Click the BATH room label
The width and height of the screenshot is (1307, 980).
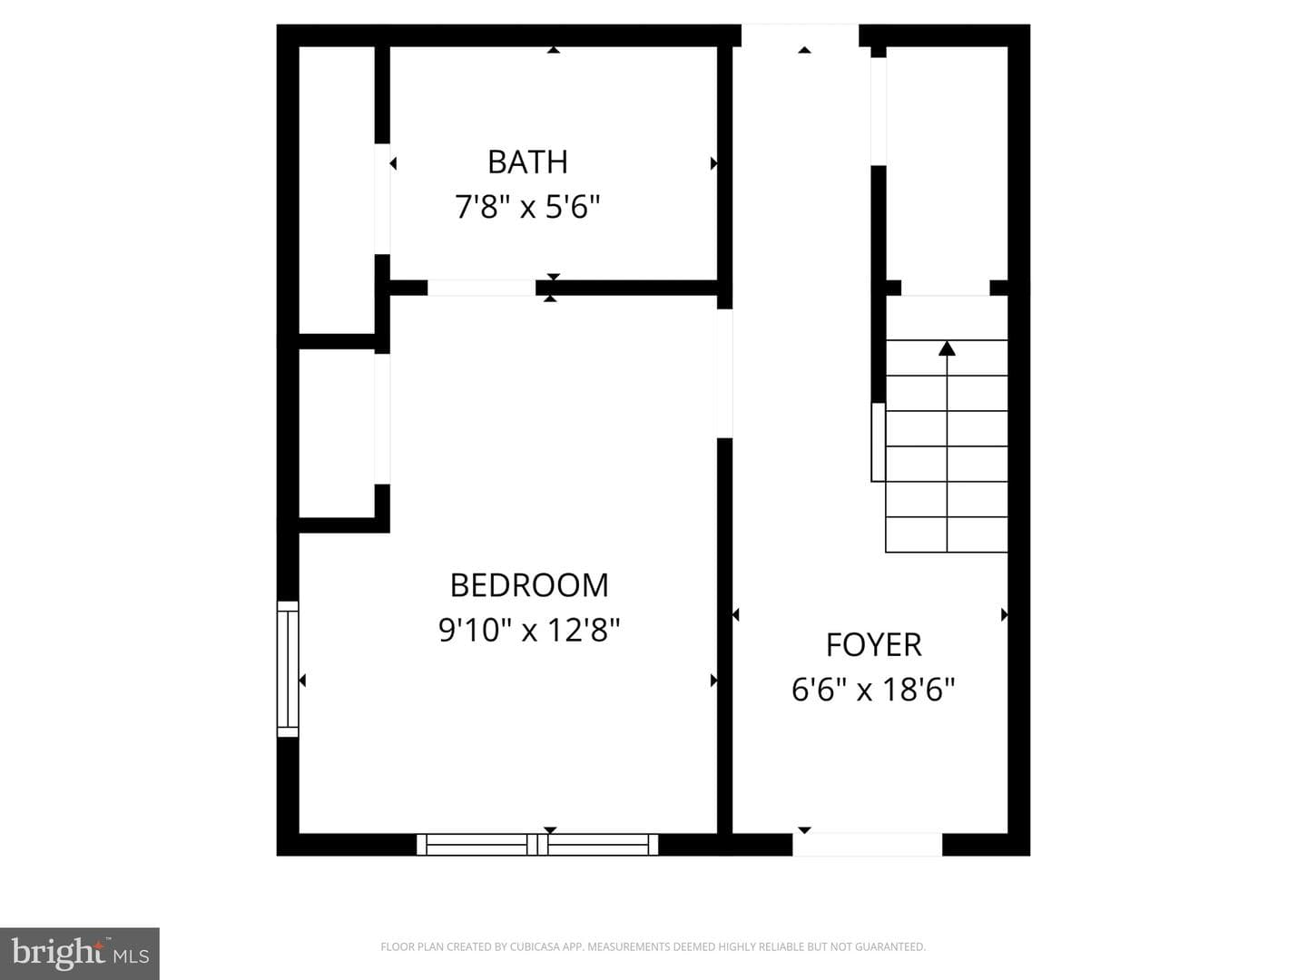click(527, 162)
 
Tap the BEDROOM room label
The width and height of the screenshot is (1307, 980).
click(529, 585)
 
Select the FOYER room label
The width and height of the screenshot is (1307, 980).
click(873, 644)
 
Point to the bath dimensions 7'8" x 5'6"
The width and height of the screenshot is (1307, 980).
click(527, 207)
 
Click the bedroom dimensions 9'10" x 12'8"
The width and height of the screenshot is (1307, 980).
click(529, 630)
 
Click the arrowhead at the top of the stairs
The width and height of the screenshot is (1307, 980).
click(947, 348)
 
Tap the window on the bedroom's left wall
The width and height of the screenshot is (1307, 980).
click(288, 669)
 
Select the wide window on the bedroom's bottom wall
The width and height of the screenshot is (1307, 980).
click(537, 844)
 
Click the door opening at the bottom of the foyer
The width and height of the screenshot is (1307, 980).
click(867, 844)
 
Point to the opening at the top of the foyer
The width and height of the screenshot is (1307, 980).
click(800, 35)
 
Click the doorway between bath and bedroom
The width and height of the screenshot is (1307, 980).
click(481, 288)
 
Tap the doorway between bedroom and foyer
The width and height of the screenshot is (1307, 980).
click(724, 374)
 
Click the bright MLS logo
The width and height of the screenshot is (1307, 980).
click(80, 953)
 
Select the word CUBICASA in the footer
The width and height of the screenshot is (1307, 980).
click(534, 946)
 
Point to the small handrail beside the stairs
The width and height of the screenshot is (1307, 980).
click(879, 442)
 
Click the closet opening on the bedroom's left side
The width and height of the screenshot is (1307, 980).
click(382, 419)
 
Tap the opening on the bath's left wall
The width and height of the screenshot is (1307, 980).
click(382, 199)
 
